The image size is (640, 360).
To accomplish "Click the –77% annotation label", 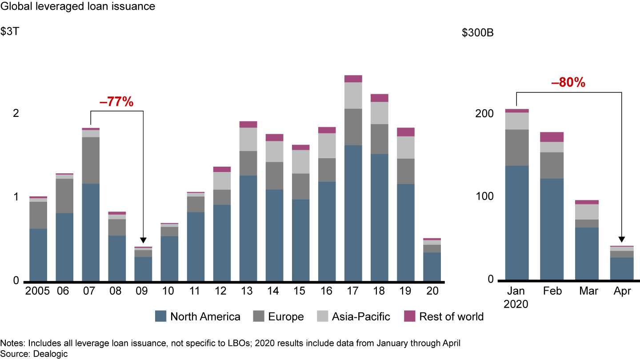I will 116,102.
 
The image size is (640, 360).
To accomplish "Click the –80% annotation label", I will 568,82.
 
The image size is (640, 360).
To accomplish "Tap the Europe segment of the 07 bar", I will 91,160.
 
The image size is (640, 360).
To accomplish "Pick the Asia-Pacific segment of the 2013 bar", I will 248,139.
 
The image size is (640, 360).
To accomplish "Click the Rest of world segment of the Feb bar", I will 552,137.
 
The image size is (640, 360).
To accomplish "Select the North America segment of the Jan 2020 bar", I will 516,222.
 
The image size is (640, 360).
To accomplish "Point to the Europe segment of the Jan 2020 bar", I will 516,147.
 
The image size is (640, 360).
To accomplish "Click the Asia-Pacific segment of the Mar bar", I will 587,212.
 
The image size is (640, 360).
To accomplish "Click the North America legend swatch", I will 161,316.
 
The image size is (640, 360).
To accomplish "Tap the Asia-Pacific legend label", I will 361,316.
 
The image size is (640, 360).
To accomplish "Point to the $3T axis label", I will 9,33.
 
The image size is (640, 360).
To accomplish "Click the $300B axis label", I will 477,33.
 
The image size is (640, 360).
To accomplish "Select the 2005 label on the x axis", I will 38,291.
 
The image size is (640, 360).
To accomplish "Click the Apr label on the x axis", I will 621,291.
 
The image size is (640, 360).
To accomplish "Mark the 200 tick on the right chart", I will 484,113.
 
